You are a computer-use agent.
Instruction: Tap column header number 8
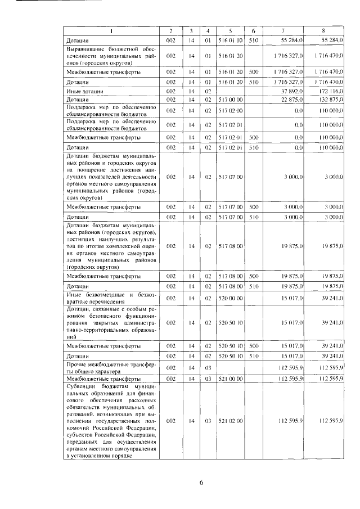[323, 30]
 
